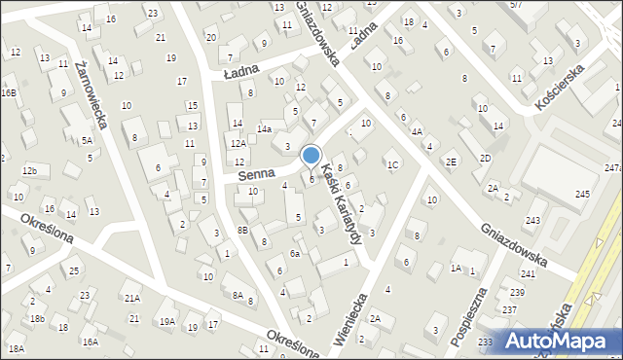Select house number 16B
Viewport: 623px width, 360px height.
[x=9, y=93]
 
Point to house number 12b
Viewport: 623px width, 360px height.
[x=30, y=171]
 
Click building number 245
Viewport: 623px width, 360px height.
[x=582, y=195]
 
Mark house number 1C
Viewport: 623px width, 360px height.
[x=393, y=164]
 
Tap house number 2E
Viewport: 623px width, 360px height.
[x=451, y=162]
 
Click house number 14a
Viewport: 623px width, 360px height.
[x=264, y=129]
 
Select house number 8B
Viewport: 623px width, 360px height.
[x=243, y=230]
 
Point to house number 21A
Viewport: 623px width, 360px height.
[x=131, y=298]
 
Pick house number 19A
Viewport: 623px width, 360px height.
[x=167, y=322]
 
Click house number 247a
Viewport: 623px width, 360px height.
[x=612, y=168]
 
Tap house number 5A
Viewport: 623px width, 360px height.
[x=87, y=141]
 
